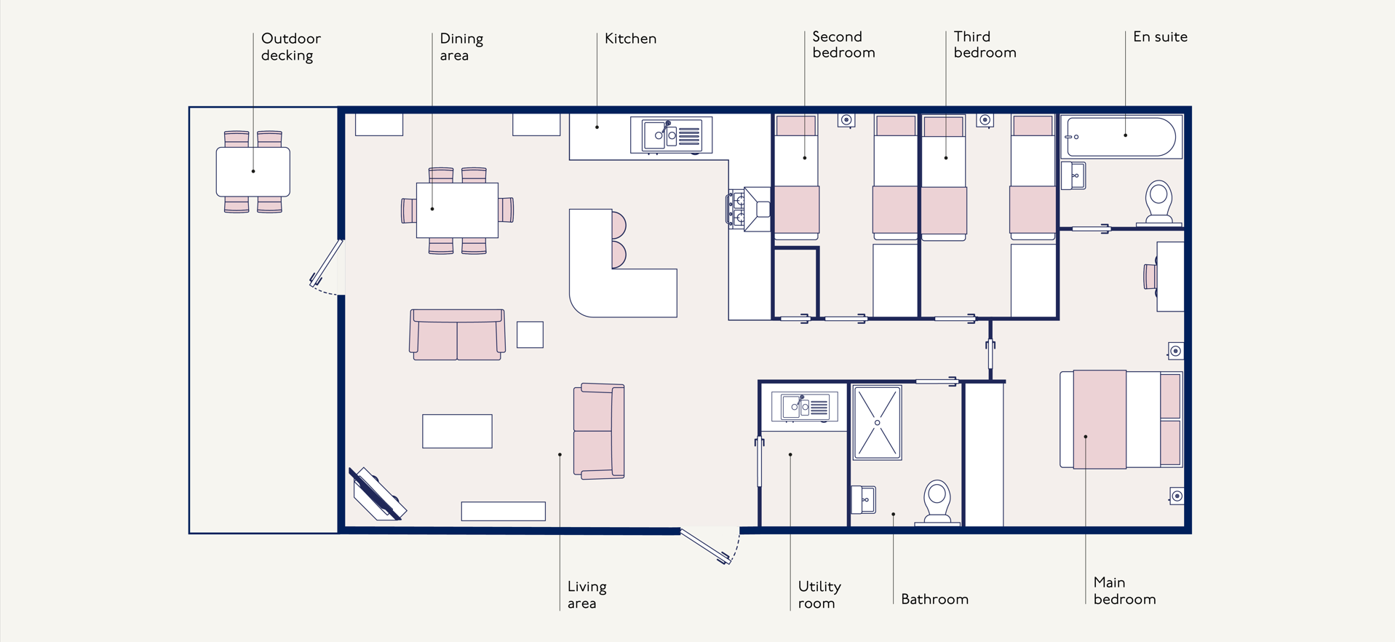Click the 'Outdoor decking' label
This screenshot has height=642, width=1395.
291,47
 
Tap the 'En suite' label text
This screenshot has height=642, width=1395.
1160,36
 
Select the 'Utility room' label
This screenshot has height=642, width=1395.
819,595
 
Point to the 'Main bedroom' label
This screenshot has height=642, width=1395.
1124,590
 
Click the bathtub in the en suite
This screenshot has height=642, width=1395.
1121,136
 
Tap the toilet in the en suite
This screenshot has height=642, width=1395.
1158,202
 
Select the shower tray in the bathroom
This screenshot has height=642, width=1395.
877,423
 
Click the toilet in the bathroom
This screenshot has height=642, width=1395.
937,502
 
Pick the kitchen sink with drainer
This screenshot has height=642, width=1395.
671,135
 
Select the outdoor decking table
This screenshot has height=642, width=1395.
253,172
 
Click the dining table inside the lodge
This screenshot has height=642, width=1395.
457,210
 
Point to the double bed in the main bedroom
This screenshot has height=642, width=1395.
1121,419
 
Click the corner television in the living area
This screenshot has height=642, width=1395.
377,494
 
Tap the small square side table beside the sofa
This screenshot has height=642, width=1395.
530,335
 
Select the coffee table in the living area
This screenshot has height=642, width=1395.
457,431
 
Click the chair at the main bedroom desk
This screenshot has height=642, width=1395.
1150,277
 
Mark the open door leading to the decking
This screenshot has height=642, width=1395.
327,263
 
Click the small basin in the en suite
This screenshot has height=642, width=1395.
1073,175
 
